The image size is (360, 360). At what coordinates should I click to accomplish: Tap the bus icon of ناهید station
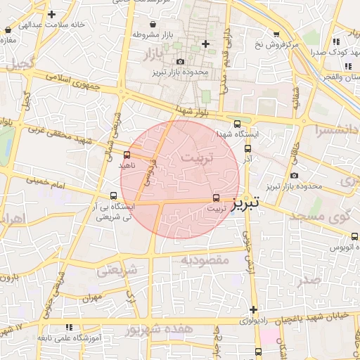coord(127,155)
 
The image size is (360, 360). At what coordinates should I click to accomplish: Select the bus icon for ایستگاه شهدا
coord(237,123)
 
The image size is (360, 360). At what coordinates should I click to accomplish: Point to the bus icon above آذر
coord(247,148)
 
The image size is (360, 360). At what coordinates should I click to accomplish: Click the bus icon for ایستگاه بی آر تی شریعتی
coord(113,196)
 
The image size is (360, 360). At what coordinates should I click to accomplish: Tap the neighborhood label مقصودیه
coord(205,260)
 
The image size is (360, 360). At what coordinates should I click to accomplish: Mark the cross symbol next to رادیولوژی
coord(253,309)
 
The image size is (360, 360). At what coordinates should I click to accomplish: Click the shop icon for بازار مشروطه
coord(135,34)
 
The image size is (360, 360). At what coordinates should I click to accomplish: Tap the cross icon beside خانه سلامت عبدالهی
coord(52,14)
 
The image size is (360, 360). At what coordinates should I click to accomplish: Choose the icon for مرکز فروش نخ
coord(276,34)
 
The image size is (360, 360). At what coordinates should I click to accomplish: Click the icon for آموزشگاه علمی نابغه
coord(69,327)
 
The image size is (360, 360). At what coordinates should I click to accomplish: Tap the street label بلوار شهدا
coord(194,111)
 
